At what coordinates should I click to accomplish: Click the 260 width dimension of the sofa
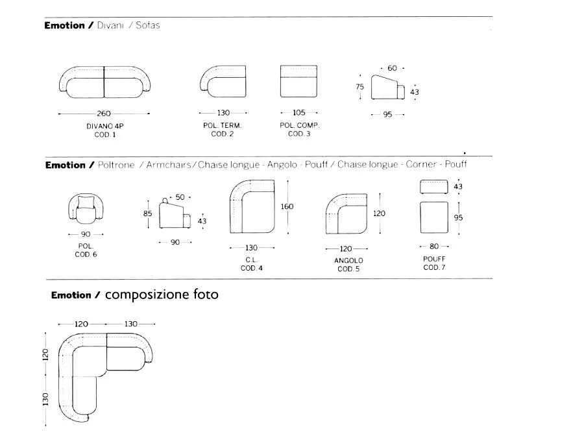tap(104, 114)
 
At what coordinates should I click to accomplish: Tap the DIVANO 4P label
tap(105, 127)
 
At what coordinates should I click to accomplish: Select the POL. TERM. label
tap(223, 125)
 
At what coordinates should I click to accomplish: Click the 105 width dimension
tap(299, 112)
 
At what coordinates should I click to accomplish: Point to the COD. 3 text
tap(299, 134)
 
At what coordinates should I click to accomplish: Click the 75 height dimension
tap(359, 87)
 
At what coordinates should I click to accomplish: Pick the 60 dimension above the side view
tap(392, 68)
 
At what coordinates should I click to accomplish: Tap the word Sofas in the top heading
tap(148, 25)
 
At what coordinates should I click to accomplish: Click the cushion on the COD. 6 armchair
tap(86, 202)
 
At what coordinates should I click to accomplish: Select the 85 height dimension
tap(147, 213)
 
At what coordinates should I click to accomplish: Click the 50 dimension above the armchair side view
tap(180, 197)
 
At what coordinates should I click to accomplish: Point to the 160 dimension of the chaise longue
tap(287, 206)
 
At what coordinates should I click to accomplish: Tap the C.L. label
tap(251, 260)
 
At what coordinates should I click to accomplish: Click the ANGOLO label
tap(348, 260)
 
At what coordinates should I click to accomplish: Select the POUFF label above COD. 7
tap(434, 259)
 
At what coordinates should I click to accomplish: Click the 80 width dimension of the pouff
tap(434, 246)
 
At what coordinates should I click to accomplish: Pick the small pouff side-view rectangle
tap(434, 187)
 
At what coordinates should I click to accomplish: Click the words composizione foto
tap(162, 295)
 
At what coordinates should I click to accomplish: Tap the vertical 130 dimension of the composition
tap(45, 399)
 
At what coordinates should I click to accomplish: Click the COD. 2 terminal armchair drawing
tap(223, 82)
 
